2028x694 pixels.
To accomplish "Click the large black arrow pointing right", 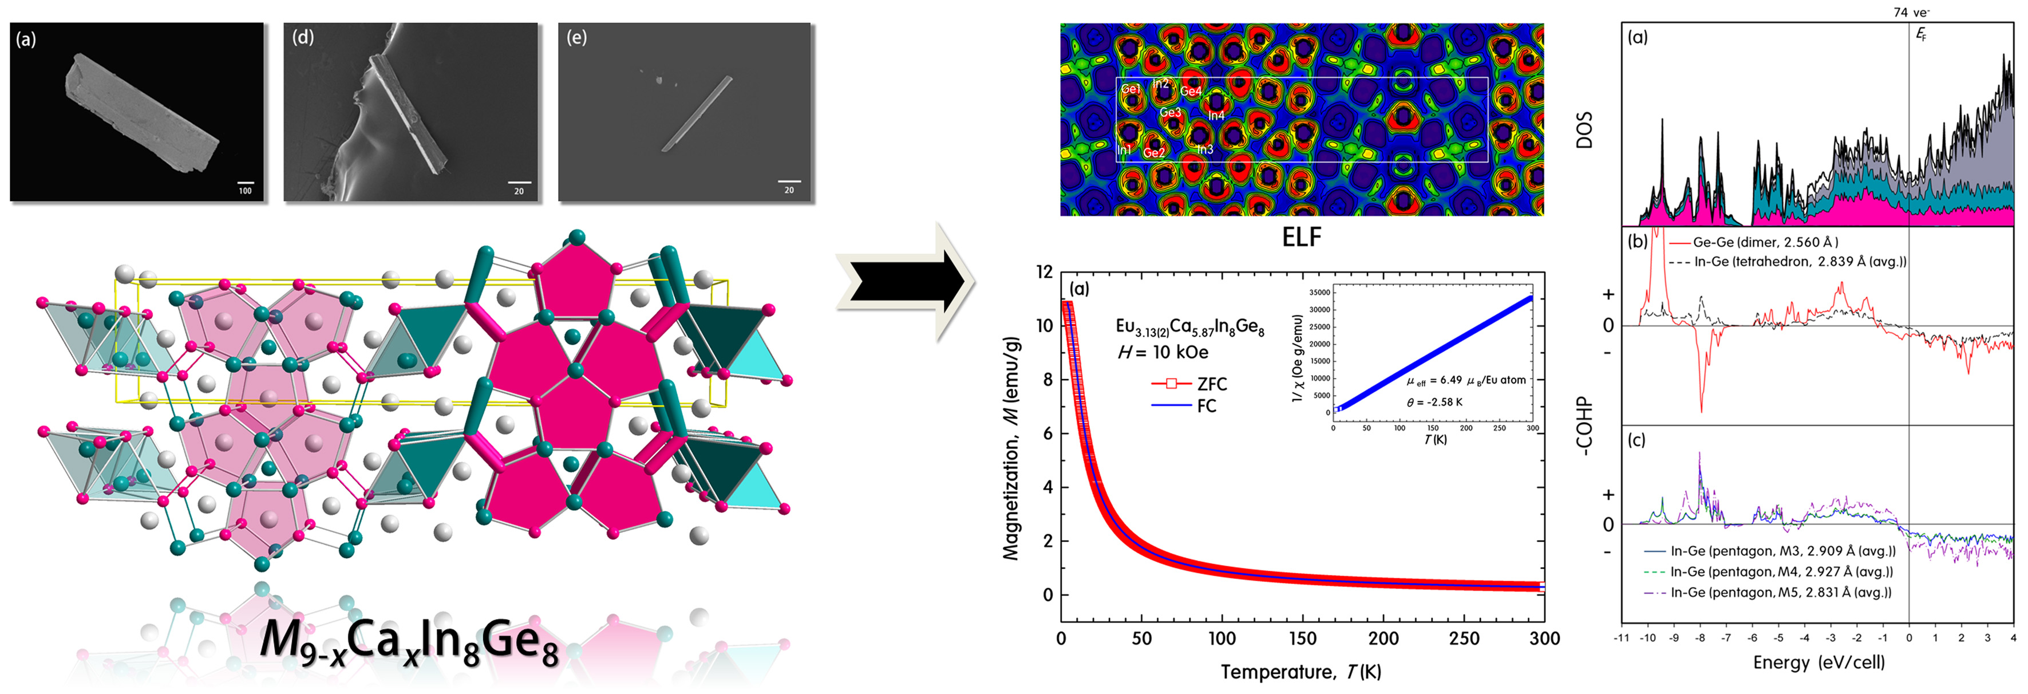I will click(906, 281).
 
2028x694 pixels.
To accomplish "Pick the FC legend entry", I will click(1206, 405).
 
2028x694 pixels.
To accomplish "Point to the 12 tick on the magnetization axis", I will click(1044, 272).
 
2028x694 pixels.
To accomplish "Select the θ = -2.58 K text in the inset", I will click(1434, 402).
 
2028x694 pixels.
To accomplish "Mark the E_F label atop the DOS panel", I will click(1921, 35).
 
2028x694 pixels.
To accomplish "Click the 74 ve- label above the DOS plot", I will click(1911, 12).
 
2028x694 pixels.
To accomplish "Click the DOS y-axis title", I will click(1584, 130).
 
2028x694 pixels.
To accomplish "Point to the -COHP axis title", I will click(1583, 425).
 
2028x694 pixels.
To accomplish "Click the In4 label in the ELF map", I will click(1216, 116).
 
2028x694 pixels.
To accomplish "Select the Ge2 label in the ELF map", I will click(1154, 153).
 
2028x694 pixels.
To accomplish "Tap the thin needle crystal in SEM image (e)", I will click(697, 113).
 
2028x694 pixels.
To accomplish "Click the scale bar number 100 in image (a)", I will click(246, 191).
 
